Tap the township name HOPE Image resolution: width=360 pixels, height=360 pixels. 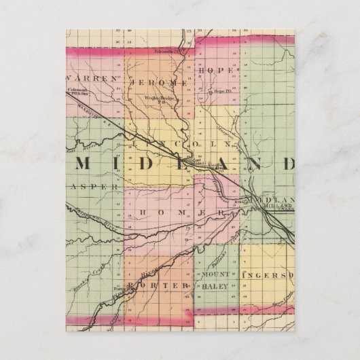215,71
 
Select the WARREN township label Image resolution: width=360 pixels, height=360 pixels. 94,78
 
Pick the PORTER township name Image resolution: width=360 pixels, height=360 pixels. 158,286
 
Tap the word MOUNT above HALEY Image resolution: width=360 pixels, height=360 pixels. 217,274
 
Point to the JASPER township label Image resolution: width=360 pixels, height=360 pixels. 94,185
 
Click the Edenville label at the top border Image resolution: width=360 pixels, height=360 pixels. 169,50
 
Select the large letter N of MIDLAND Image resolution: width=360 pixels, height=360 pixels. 259,164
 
